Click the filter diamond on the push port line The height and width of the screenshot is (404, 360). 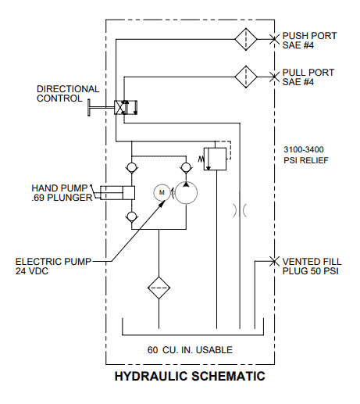tap(246, 39)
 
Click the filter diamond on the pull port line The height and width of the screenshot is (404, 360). tap(246, 77)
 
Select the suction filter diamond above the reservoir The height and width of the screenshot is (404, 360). tap(159, 288)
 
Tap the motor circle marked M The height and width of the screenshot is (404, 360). tap(162, 193)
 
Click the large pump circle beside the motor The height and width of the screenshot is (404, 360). tap(186, 193)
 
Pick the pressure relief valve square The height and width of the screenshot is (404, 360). tap(215, 159)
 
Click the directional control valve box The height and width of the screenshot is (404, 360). tap(126, 108)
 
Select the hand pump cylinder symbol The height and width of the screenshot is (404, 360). tap(118, 193)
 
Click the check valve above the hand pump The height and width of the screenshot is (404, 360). tap(132, 167)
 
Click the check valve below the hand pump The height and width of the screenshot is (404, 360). tap(132, 216)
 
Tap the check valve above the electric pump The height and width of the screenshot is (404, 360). tap(186, 167)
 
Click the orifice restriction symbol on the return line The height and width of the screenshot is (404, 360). tap(240, 210)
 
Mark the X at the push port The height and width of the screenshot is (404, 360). tap(274, 39)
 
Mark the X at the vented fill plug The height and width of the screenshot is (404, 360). tap(274, 261)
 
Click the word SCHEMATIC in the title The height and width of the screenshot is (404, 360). tap(228, 377)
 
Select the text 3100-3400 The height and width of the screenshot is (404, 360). tap(304, 149)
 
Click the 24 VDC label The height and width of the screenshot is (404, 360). tap(32, 271)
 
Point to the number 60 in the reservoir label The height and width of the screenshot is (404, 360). tap(152, 350)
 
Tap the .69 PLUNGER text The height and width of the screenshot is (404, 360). tap(62, 198)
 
